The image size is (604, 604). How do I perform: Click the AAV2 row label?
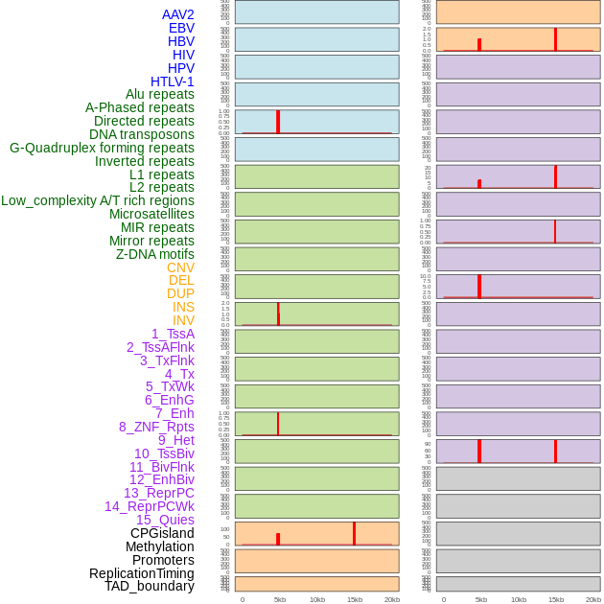(177, 14)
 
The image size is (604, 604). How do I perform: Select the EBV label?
(181, 28)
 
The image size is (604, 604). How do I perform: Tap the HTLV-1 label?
(172, 81)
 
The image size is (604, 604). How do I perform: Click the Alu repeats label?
(159, 94)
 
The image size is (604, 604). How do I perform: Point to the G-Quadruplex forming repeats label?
(102, 148)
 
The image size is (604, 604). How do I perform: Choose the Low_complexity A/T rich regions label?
(97, 200)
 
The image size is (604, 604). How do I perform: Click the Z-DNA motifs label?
(154, 254)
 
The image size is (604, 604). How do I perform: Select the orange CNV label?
(180, 267)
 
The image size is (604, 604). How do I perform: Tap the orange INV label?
(183, 320)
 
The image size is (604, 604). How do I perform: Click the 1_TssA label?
(173, 334)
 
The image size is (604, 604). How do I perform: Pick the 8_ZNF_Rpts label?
(156, 427)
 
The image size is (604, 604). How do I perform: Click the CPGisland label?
(162, 533)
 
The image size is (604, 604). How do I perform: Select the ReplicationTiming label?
(141, 573)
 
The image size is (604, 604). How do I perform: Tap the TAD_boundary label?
(149, 586)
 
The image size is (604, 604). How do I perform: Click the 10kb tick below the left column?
(317, 599)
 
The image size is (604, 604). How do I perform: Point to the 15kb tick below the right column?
(556, 599)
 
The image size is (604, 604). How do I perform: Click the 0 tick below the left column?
(243, 599)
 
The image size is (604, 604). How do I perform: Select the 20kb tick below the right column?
(593, 599)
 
